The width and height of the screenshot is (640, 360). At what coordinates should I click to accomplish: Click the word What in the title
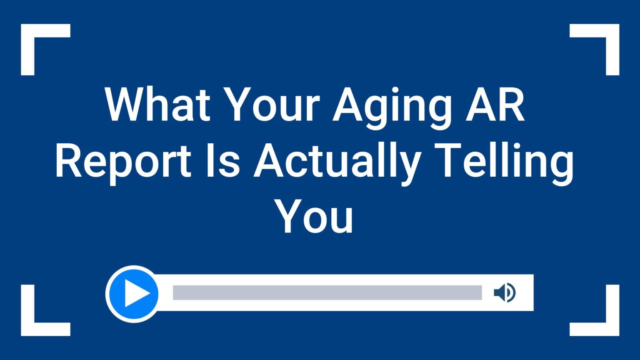coord(158,104)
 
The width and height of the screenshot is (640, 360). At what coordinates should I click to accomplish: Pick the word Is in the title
coord(223,160)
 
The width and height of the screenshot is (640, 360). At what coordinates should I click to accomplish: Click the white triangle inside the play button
coord(136,293)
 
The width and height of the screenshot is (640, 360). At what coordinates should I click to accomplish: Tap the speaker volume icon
coord(505,292)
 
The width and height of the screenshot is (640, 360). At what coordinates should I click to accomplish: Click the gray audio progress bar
coord(327,292)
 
